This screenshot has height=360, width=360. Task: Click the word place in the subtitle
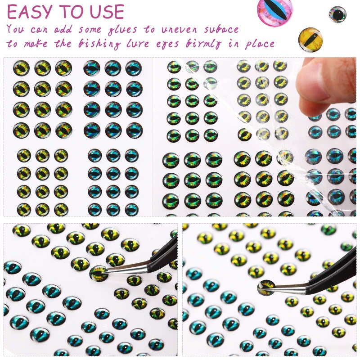[260, 45]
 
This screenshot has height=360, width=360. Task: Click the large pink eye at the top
[274, 11]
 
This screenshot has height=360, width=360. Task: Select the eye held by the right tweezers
[266, 287]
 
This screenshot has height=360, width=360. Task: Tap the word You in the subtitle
[16, 30]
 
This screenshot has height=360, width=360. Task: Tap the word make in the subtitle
[40, 45]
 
